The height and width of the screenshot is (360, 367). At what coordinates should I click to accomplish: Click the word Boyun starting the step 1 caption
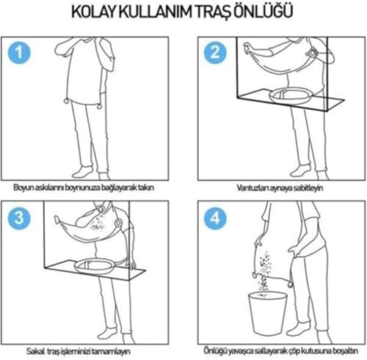pos(23,187)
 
